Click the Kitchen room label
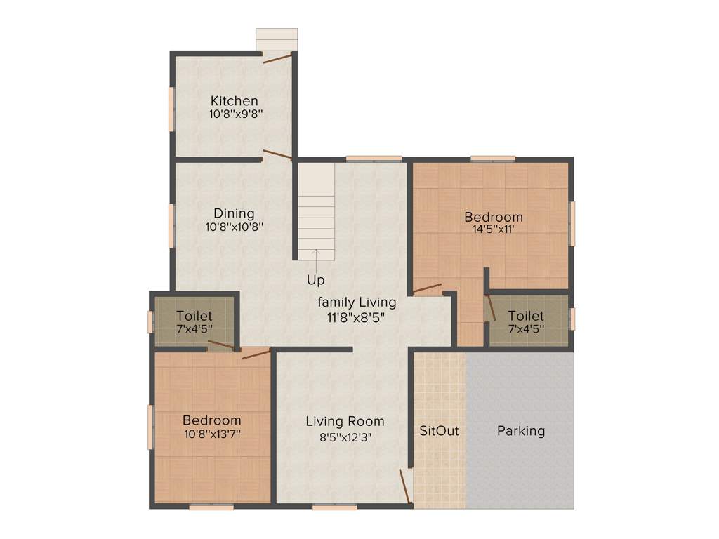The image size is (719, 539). click(235, 101)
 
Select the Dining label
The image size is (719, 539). click(234, 213)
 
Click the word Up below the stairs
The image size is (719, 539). click(316, 280)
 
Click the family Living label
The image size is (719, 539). click(357, 302)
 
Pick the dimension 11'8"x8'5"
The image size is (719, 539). click(357, 317)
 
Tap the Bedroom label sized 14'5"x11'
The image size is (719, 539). click(494, 217)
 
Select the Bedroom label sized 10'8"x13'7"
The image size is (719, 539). click(211, 420)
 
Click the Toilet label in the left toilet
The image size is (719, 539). click(194, 316)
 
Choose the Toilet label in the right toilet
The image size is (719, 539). click(526, 316)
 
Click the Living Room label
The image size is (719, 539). click(345, 422)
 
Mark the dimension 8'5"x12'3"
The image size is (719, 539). click(345, 435)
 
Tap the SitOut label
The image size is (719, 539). click(439, 431)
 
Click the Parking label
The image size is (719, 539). click(521, 431)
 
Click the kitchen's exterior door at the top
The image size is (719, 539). click(277, 58)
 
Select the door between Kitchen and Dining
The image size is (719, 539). click(277, 155)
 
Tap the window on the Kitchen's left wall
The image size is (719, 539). click(171, 109)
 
